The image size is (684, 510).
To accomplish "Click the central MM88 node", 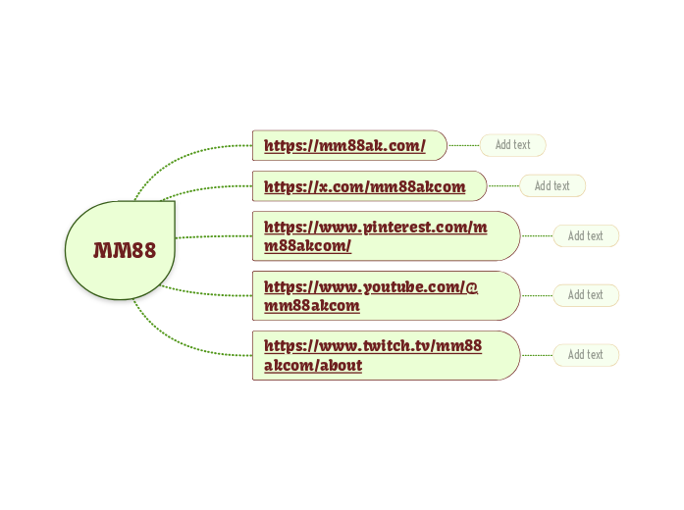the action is click(x=123, y=250).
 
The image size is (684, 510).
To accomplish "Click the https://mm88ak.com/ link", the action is click(x=344, y=146).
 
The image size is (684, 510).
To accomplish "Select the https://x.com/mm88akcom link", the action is click(x=364, y=186).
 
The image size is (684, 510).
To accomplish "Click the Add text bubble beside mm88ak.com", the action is click(x=512, y=145).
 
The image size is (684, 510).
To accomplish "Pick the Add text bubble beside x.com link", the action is click(x=552, y=185).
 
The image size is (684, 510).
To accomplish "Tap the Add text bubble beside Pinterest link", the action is click(x=585, y=235).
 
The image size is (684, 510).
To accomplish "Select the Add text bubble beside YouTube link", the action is click(x=585, y=295).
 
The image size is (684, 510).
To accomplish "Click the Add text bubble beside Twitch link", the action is click(x=585, y=354).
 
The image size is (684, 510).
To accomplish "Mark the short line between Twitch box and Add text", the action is click(x=536, y=355).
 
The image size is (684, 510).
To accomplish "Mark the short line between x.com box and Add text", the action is click(x=502, y=185).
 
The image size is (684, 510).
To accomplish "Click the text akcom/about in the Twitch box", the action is click(x=313, y=366).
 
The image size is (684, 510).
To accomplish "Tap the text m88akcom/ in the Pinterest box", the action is click(x=307, y=245).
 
